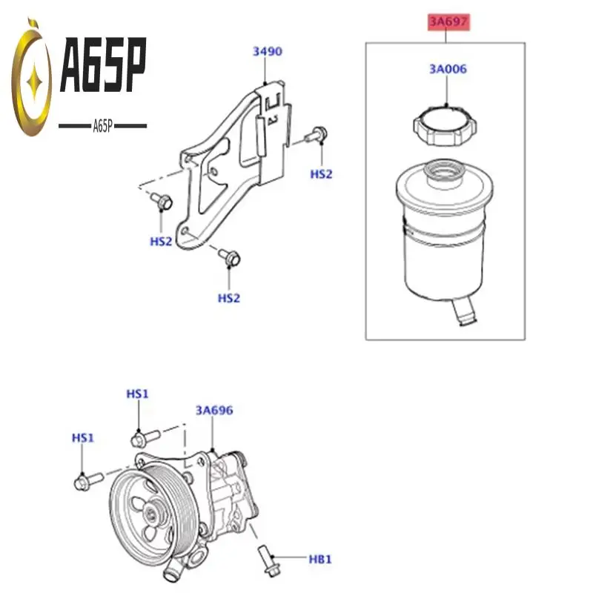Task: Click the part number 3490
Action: tap(268, 52)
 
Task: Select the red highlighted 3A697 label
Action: tap(448, 22)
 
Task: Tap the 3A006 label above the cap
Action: tap(447, 69)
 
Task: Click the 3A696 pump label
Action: tap(214, 410)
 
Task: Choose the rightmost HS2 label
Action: tap(321, 173)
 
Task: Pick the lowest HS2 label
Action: tap(229, 297)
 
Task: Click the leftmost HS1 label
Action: tap(82, 438)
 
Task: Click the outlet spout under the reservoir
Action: tap(464, 315)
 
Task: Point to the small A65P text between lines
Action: tap(102, 126)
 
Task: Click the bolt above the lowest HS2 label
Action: tap(228, 257)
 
